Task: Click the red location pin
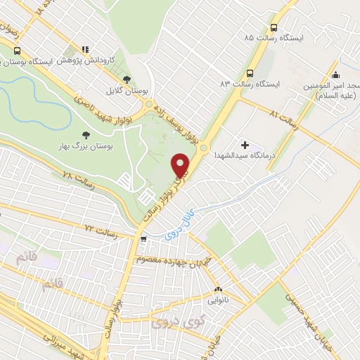tap(181, 165)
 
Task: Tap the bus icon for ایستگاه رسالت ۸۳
tap(250, 73)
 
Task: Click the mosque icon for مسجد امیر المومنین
tap(336, 75)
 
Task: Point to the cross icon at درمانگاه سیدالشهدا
tap(245, 144)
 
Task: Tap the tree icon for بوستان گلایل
tap(127, 79)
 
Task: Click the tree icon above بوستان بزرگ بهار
tap(86, 134)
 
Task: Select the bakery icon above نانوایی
tap(217, 288)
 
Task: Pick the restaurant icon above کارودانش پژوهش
tap(85, 49)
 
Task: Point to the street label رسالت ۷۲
tap(98, 230)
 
